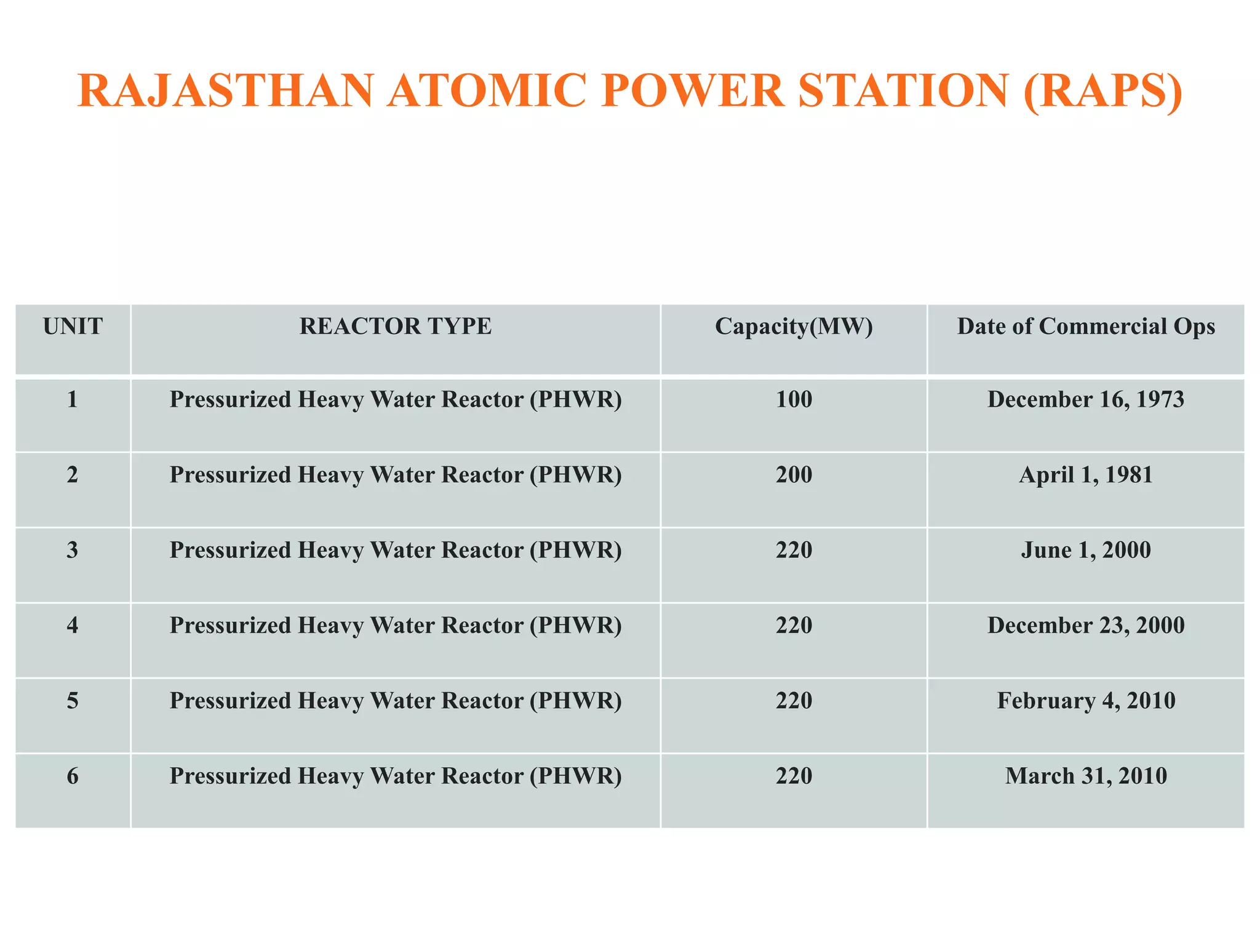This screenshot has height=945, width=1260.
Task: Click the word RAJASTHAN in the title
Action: tap(225, 91)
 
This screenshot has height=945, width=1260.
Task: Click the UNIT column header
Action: tap(73, 326)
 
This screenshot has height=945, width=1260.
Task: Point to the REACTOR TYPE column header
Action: tap(396, 326)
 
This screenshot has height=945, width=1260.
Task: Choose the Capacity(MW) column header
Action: tap(794, 326)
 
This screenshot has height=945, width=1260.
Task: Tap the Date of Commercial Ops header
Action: tap(1086, 326)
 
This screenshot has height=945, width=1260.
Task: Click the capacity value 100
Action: tap(794, 400)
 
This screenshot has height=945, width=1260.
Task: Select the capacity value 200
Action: tap(794, 475)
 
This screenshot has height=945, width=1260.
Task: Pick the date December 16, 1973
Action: tap(1086, 400)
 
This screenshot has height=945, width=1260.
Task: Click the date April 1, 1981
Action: tap(1086, 475)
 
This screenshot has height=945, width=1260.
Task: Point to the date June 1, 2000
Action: tap(1086, 550)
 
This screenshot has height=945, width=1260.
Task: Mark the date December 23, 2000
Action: tap(1086, 626)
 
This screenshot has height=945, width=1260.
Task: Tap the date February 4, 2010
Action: tap(1086, 701)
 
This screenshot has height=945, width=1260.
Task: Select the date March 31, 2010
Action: tap(1086, 776)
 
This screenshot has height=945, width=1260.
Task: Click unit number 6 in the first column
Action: tap(73, 776)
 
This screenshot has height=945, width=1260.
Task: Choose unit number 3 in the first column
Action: tap(73, 550)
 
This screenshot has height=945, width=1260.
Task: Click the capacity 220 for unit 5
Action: tap(794, 701)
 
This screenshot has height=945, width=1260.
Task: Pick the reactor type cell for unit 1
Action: tap(396, 400)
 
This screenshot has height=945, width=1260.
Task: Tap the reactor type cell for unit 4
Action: tap(396, 626)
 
